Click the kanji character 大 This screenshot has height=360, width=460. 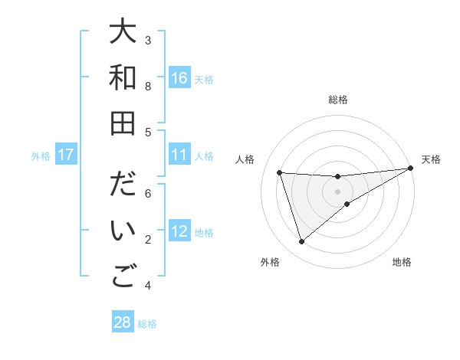pyautogui.click(x=123, y=33)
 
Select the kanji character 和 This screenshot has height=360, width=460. pyautogui.click(x=123, y=77)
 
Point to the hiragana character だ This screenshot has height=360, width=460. pyautogui.click(x=123, y=186)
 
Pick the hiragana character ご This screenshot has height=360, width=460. pyautogui.click(x=123, y=277)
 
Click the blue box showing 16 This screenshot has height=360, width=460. pyautogui.click(x=179, y=78)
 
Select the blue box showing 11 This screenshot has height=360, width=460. pyautogui.click(x=179, y=155)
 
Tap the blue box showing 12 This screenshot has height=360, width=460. pyautogui.click(x=179, y=231)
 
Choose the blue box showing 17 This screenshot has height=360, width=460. pyautogui.click(x=66, y=155)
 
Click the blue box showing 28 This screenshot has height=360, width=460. pyautogui.click(x=123, y=322)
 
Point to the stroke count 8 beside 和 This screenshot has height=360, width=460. pyautogui.click(x=148, y=86)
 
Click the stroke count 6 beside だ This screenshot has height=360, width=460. pyautogui.click(x=148, y=193)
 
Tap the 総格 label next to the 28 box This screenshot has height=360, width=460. pyautogui.click(x=147, y=324)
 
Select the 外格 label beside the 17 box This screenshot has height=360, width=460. pyautogui.click(x=41, y=156)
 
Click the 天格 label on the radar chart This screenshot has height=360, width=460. pyautogui.click(x=431, y=159)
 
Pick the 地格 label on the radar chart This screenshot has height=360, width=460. pyautogui.click(x=402, y=263)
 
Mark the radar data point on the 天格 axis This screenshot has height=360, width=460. pyautogui.click(x=410, y=169)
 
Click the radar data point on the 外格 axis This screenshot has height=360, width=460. pyautogui.click(x=301, y=242)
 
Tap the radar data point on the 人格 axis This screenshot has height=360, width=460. pyautogui.click(x=280, y=172)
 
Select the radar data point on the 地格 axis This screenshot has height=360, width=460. pyautogui.click(x=347, y=204)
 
